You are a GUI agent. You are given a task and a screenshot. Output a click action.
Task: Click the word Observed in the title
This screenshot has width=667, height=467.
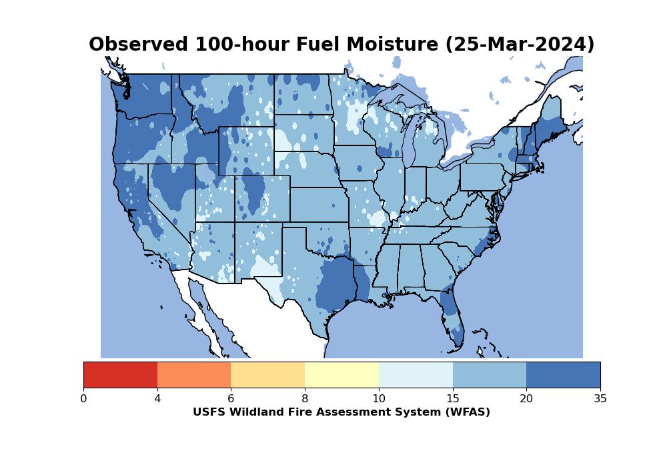click(138, 44)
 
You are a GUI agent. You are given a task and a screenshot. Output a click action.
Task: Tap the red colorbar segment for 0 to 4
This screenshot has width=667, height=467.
click(120, 375)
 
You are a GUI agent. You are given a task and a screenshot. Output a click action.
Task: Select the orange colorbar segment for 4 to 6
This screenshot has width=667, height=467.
click(194, 375)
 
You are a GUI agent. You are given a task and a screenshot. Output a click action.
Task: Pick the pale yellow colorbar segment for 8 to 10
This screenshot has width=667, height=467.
click(342, 375)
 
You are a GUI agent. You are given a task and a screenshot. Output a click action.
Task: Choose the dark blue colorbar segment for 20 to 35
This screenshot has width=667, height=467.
click(563, 375)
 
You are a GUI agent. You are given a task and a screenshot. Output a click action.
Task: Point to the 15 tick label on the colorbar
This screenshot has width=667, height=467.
click(453, 398)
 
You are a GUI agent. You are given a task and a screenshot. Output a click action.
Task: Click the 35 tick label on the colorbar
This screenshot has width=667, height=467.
click(600, 398)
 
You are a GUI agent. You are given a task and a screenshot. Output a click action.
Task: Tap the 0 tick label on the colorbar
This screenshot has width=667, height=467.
click(84, 398)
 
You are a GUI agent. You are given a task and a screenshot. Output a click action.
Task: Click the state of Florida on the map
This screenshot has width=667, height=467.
click(452, 310)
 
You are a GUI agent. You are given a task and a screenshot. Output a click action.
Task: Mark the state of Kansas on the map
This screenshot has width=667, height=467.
click(319, 205)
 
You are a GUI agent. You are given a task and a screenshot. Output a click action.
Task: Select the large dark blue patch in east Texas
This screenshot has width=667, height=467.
click(336, 285)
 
